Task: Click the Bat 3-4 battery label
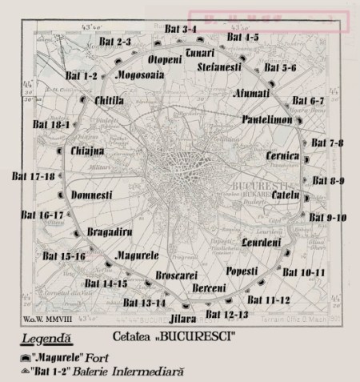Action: click(x=178, y=30)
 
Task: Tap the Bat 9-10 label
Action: click(x=327, y=217)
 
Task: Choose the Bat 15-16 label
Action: click(x=62, y=256)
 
